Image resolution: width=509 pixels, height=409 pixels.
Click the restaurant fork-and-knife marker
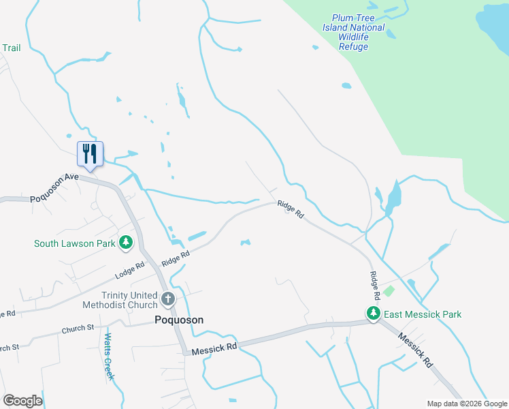click(90, 153)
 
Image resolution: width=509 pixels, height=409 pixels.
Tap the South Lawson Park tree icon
click(126, 243)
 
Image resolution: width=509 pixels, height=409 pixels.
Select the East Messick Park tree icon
click(373, 314)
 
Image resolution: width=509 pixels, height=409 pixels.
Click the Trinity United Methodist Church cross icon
click(167, 299)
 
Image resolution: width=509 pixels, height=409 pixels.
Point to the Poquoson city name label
click(178, 320)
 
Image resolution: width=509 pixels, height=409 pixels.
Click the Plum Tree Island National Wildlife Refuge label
click(354, 33)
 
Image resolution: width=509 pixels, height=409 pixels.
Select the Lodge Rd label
click(130, 270)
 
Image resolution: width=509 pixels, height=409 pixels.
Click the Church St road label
click(77, 329)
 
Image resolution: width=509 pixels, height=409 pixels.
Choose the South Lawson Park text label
click(75, 243)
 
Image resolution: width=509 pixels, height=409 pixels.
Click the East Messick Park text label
click(422, 314)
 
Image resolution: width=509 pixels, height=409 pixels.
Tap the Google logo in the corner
click(22, 401)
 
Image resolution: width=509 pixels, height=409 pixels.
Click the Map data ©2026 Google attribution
click(466, 404)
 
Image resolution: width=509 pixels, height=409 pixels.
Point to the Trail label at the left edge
click(12, 48)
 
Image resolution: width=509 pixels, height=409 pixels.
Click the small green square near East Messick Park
click(389, 291)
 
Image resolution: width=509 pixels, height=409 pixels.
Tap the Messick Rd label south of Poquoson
click(214, 348)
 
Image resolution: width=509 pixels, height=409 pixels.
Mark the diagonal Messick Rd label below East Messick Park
click(415, 349)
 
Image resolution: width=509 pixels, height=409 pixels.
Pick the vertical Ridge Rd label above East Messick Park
click(374, 286)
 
